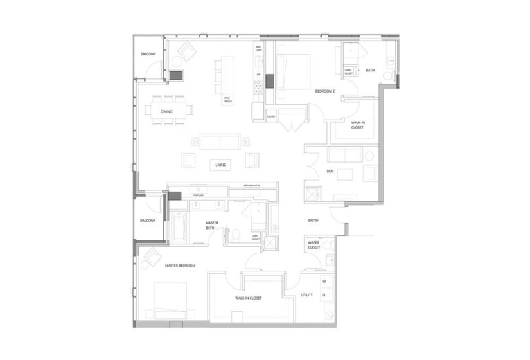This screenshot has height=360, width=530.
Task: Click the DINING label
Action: [166, 112]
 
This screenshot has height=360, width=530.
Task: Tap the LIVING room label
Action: [221, 165]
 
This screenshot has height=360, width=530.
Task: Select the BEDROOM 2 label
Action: [325, 92]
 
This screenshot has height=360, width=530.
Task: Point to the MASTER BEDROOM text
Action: [180, 265]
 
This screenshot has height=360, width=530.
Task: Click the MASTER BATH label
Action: [213, 226]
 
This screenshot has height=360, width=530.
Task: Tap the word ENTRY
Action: [314, 221]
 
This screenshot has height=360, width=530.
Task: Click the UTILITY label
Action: [307, 296]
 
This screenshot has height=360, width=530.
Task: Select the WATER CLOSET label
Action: [314, 245]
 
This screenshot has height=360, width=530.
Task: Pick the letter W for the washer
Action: [324, 282]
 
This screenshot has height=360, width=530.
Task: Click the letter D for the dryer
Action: [324, 295]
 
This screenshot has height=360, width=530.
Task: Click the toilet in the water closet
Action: [328, 245]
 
